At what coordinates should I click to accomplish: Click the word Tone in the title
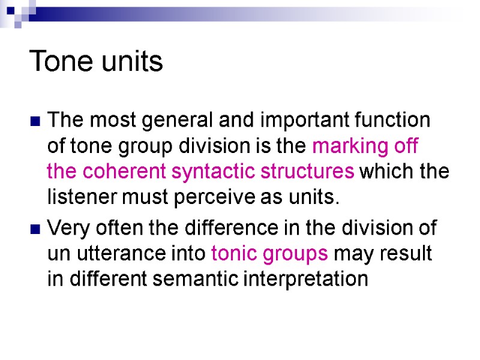point(57,61)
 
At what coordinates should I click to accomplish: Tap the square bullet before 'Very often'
point(35,230)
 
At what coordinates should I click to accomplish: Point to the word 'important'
point(296,121)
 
